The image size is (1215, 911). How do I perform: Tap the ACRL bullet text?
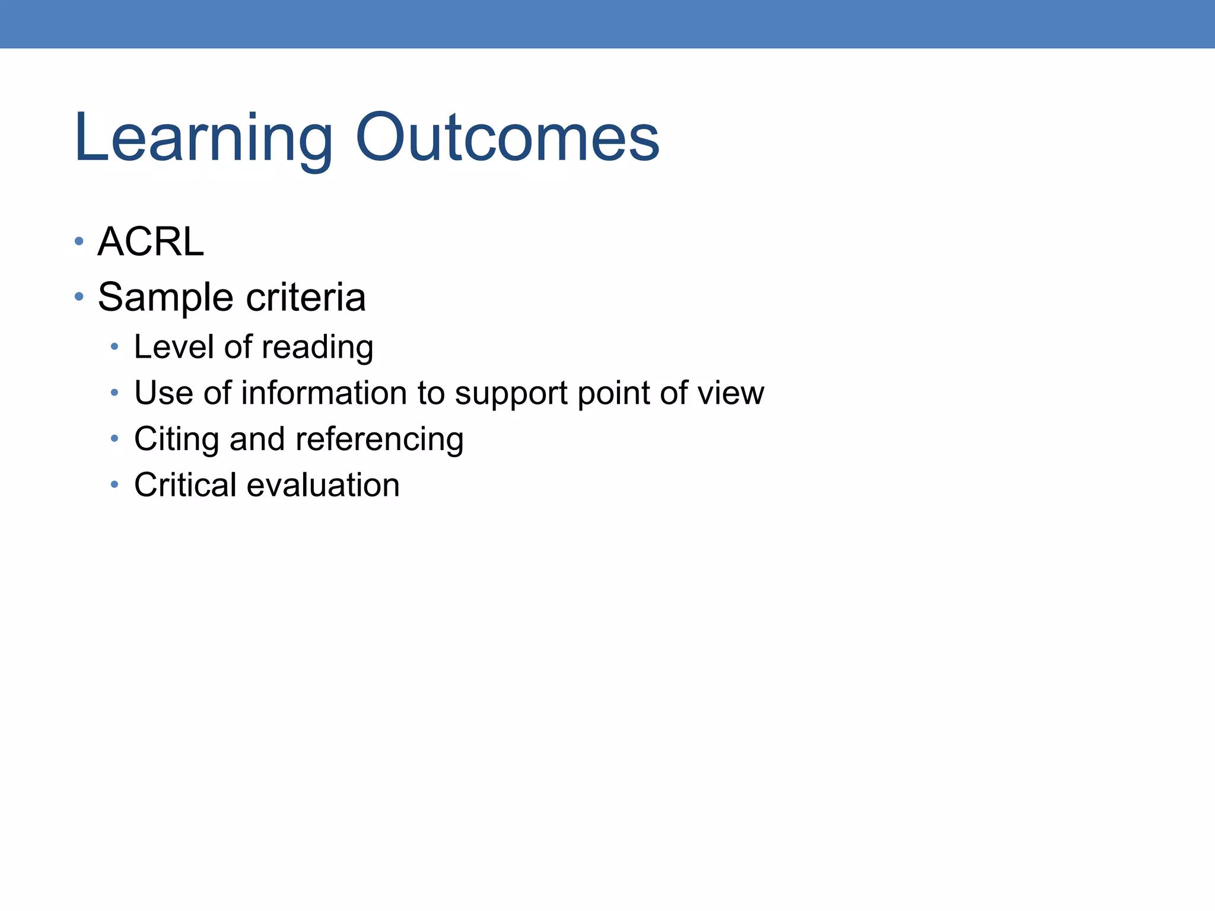pyautogui.click(x=151, y=242)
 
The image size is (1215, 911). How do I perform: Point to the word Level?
pyautogui.click(x=173, y=347)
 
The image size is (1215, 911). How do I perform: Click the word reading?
pyautogui.click(x=317, y=347)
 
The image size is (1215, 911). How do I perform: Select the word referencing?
pyautogui.click(x=379, y=439)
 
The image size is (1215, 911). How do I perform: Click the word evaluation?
pyautogui.click(x=323, y=485)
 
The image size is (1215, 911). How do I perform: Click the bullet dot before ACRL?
pyautogui.click(x=79, y=241)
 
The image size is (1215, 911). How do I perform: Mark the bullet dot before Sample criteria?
pyautogui.click(x=79, y=295)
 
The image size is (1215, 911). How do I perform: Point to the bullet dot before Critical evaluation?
pyautogui.click(x=114, y=485)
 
